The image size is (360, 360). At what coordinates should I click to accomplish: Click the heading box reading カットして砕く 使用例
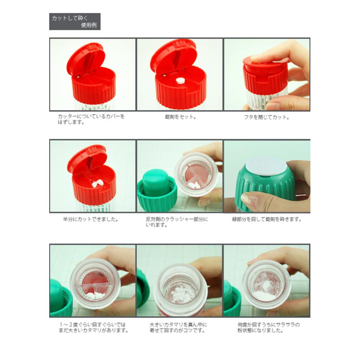coord(75,22)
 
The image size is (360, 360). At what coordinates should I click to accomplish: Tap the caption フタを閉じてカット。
coord(266,117)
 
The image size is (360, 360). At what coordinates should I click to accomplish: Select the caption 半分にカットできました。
coord(90,219)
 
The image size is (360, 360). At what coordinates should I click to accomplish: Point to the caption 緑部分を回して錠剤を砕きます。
coord(267,219)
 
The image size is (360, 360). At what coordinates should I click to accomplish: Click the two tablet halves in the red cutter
coord(97,184)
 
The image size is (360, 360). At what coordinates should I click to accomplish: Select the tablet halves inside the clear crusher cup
coord(196,185)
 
